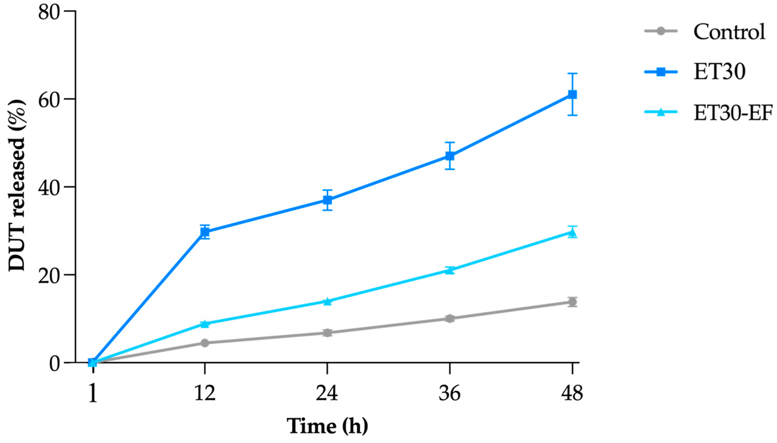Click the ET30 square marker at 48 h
pyautogui.click(x=572, y=95)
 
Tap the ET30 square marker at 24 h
pyautogui.click(x=327, y=200)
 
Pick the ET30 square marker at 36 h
pyautogui.click(x=450, y=156)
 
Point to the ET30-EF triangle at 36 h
pyautogui.click(x=450, y=270)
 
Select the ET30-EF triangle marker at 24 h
pyautogui.click(x=327, y=301)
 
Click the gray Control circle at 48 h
pyautogui.click(x=572, y=302)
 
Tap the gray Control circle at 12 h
pyautogui.click(x=205, y=343)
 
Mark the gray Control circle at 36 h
pyautogui.click(x=450, y=319)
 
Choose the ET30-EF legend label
pyautogui.click(x=733, y=113)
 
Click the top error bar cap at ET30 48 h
pyautogui.click(x=572, y=74)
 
